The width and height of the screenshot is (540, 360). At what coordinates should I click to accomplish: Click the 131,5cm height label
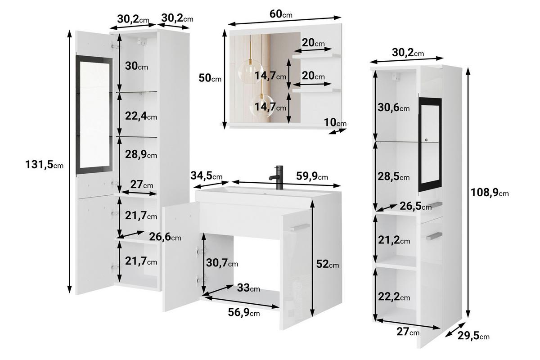[x=45, y=165]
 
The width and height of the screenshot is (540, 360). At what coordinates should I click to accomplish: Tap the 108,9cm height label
[x=490, y=193]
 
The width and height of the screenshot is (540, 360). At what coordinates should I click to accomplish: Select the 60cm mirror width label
[x=281, y=14]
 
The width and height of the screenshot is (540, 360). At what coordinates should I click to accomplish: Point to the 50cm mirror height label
[x=210, y=78]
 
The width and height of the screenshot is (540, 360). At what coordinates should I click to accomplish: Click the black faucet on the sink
[x=277, y=177]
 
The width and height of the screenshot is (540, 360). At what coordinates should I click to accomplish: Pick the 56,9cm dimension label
[x=244, y=312]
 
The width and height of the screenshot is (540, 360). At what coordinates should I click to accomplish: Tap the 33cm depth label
[x=248, y=288]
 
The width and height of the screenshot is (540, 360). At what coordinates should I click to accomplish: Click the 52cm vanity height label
[x=328, y=264]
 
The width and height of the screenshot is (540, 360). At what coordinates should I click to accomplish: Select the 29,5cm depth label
[x=473, y=336]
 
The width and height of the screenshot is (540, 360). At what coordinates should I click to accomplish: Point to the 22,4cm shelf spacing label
[x=141, y=116]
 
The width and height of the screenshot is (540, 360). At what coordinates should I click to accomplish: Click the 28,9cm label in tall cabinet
[x=141, y=154]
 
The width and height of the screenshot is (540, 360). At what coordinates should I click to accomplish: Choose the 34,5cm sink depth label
[x=207, y=176]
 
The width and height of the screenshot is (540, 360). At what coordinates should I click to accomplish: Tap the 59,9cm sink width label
[x=312, y=176]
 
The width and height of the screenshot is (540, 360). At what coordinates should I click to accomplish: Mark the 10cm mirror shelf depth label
[x=335, y=122]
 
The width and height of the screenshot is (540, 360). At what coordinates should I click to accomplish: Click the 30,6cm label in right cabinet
[x=393, y=108]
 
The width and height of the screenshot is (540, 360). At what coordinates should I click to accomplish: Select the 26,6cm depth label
[x=165, y=237]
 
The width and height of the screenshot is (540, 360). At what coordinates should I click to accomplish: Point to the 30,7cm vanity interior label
[x=222, y=263]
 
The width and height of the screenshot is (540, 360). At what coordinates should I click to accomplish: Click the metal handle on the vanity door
[x=300, y=227]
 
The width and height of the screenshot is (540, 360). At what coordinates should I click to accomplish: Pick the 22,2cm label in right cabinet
[x=394, y=297]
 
